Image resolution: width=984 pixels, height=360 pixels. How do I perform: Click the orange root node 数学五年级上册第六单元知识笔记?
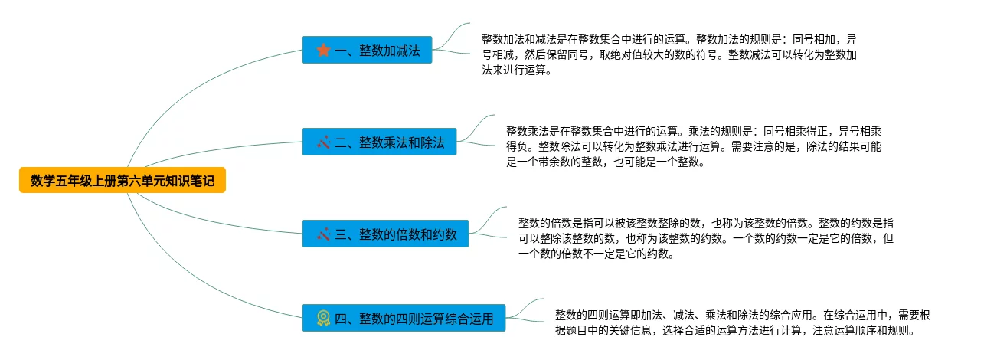point(123,181)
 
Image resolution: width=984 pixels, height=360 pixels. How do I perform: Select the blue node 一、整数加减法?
point(367,51)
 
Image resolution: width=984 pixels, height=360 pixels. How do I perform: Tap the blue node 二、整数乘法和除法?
point(379,142)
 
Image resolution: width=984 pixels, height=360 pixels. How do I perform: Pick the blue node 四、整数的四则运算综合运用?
point(404,317)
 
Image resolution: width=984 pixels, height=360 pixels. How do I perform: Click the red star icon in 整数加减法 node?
point(323,51)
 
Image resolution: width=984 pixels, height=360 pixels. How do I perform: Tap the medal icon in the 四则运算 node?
point(323,317)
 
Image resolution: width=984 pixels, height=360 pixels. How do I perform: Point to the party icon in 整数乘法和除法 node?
point(323,142)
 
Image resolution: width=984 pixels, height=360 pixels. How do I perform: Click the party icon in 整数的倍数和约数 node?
point(323,234)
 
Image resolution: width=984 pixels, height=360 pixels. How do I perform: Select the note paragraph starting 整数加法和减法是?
point(674,54)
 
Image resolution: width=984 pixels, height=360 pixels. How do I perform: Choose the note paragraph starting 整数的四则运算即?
point(741,322)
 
